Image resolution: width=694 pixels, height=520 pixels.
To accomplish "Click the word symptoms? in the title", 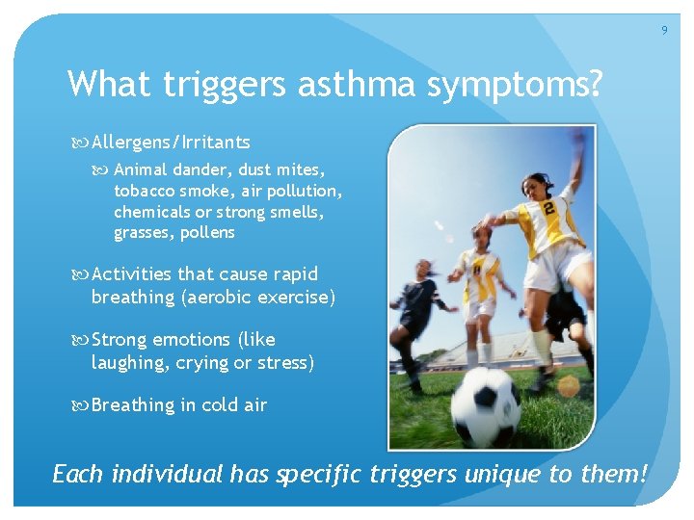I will coord(515,85).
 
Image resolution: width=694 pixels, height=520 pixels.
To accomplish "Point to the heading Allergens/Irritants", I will coord(171,143).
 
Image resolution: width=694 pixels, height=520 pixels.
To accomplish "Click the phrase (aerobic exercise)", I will coord(258,297).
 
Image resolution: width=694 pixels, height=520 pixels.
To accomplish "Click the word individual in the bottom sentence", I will coord(168,475).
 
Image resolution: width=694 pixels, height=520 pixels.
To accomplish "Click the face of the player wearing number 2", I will coord(533,185).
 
